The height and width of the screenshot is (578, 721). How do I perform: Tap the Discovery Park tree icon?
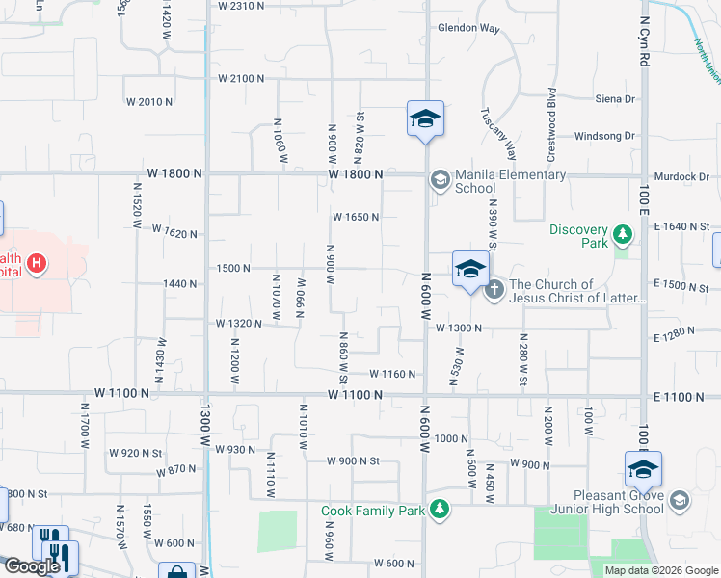[624, 233]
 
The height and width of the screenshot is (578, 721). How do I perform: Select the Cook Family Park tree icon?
[440, 508]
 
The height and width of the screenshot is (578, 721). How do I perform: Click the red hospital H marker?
[37, 263]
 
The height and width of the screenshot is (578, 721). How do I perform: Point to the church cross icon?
[494, 289]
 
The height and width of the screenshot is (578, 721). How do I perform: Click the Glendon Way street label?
[468, 28]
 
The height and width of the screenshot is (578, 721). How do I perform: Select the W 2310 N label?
[241, 6]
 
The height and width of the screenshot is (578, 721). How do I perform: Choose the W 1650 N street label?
[356, 217]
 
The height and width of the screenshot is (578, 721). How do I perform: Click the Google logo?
[32, 566]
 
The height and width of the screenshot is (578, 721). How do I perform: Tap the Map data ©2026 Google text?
[660, 570]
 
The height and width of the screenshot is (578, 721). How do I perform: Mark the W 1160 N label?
[392, 374]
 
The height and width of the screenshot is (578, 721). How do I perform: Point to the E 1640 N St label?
[680, 226]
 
